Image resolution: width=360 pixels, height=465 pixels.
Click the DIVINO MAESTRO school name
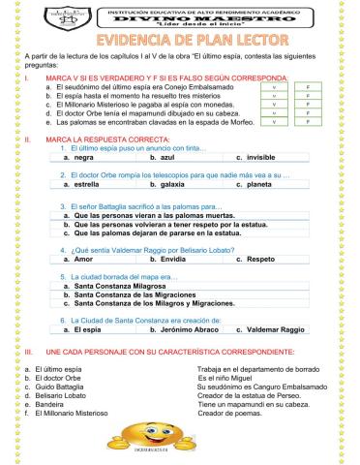point(180,15)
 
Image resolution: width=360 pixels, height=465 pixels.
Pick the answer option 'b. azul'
point(163,156)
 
